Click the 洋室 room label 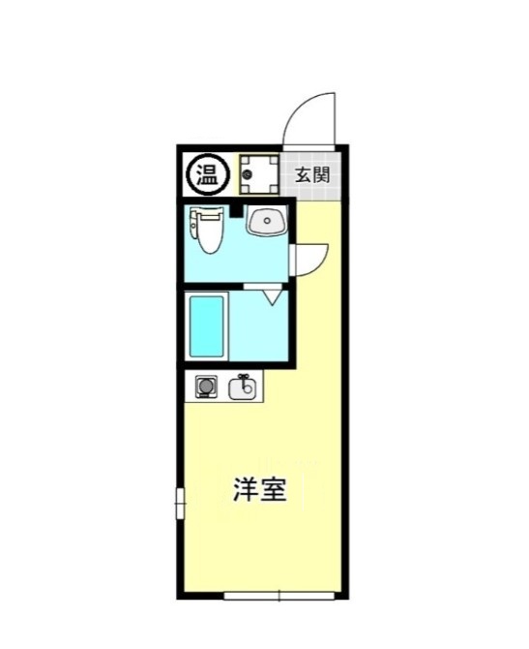click(x=259, y=490)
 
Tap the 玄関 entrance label click(x=311, y=175)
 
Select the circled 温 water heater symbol click(x=207, y=174)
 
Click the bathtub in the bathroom click(x=207, y=326)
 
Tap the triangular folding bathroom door click(x=272, y=294)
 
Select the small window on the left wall click(x=179, y=504)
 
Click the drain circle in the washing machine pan click(x=249, y=174)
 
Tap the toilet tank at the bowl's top click(x=207, y=215)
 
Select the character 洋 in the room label click(x=246, y=490)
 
